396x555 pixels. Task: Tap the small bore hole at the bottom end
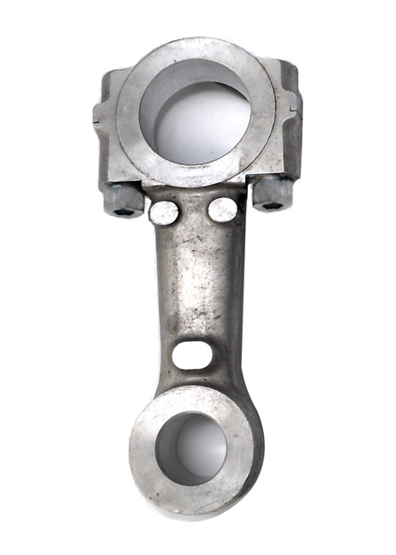click(194, 447)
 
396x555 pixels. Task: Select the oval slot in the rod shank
click(192, 354)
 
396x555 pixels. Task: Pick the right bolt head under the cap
click(272, 194)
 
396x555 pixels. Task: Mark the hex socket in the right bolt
click(274, 204)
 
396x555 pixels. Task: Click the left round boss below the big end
click(164, 211)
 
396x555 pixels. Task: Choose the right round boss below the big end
click(222, 210)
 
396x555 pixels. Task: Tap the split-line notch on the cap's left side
click(99, 116)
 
